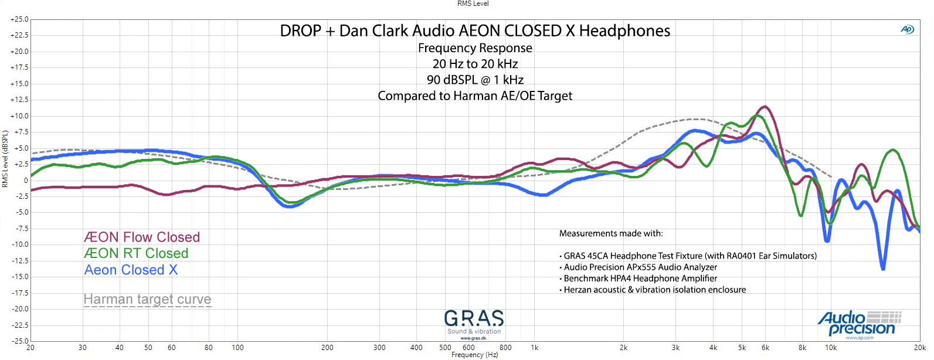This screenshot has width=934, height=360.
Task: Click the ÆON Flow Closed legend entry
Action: pos(142,237)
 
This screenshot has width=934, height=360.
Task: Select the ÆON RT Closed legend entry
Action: pos(136,253)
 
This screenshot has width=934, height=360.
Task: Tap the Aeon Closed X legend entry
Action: pos(131,270)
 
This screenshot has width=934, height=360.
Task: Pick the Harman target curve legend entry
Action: pos(147,300)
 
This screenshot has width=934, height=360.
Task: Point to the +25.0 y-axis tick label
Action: pos(19,19)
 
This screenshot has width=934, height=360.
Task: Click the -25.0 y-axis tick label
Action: pos(19,341)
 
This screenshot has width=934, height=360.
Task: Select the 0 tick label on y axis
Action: pos(26,181)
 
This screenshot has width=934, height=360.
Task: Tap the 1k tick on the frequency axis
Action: pos(535,348)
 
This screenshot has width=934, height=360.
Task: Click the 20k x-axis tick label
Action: pos(919,348)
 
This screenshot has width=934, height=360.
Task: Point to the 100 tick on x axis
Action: pos(237,348)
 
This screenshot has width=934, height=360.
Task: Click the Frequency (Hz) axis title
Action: pos(474,355)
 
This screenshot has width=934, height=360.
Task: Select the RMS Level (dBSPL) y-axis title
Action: pos(5,159)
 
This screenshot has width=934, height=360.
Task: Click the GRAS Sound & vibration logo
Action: pos(474,324)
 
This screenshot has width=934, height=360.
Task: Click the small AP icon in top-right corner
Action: pos(907,29)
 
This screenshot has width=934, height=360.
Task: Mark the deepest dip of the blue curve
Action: pos(883,269)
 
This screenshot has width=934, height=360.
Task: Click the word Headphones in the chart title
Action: pos(624,31)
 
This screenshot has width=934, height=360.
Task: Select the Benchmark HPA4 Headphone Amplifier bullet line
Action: pos(640,279)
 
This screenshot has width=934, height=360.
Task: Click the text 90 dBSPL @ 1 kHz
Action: pos(475,80)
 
